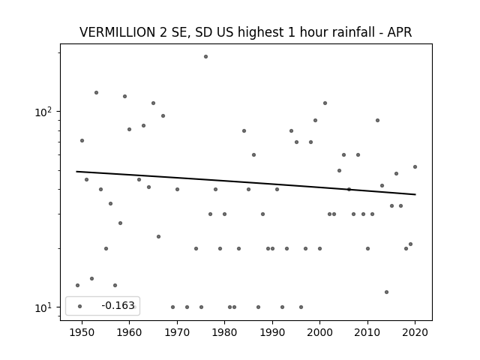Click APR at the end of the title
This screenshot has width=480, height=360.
[x=400, y=32]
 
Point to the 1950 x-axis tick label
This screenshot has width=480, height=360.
[x=82, y=332]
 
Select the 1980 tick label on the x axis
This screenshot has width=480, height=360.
[x=224, y=332]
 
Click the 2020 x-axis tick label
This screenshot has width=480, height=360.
[x=415, y=332]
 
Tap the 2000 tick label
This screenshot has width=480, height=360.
[x=320, y=332]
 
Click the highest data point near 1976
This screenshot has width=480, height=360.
[x=205, y=57]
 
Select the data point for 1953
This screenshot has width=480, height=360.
[x=96, y=92]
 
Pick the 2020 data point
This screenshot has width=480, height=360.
[x=415, y=166]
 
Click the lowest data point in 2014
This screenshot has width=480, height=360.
[x=387, y=292]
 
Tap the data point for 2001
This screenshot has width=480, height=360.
[x=325, y=103]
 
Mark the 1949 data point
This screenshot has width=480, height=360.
[x=77, y=285]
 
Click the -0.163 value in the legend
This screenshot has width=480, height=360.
[x=118, y=305]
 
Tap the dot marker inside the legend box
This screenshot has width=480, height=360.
[x=80, y=306]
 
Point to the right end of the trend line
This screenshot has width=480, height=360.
[x=415, y=194]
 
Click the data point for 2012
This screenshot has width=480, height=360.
[x=377, y=120]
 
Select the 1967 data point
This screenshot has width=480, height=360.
[x=163, y=115]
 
